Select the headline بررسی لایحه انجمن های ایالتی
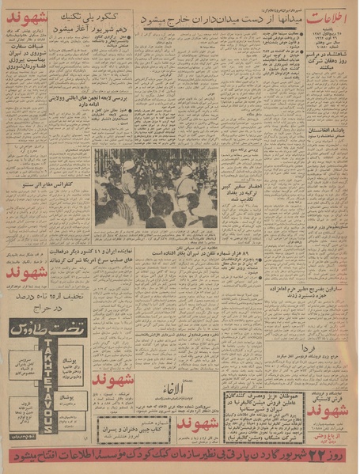(x=133, y=97)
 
